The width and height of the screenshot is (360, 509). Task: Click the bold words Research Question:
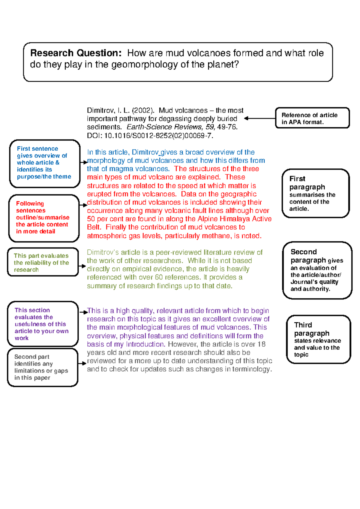click(x=76, y=53)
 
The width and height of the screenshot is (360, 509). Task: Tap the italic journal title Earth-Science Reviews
click(x=165, y=127)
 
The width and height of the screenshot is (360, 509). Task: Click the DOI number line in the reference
click(x=150, y=136)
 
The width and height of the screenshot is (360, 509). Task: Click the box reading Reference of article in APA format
click(x=312, y=118)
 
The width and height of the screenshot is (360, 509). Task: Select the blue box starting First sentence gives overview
click(x=44, y=164)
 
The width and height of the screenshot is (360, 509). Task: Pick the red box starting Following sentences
click(x=44, y=218)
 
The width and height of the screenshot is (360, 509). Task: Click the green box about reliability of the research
click(x=43, y=262)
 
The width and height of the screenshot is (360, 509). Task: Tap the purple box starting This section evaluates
click(x=43, y=324)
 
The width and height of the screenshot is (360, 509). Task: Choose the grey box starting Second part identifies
click(x=43, y=367)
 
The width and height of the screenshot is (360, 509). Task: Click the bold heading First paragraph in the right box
click(x=307, y=183)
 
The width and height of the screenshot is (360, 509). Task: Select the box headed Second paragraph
click(x=317, y=270)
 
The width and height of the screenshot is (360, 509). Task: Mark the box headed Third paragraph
click(x=318, y=339)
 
